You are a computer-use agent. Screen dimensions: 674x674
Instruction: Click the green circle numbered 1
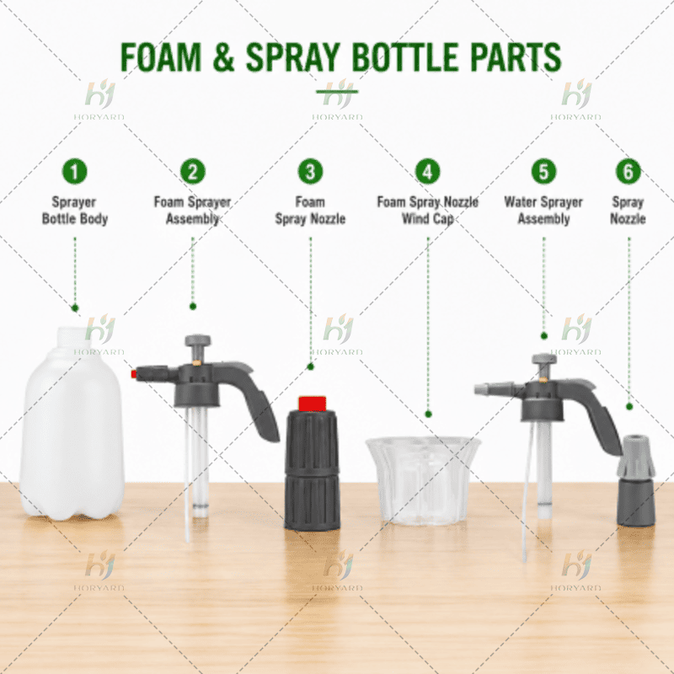75,172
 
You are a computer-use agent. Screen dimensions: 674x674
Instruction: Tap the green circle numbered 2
193,172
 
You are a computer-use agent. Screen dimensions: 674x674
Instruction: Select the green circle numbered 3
310,172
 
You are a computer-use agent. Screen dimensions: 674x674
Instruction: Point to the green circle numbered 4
428,172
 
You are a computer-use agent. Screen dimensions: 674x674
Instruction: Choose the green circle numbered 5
543,172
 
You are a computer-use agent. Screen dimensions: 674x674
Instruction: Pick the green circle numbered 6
628,172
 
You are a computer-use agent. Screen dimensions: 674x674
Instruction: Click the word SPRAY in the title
293,56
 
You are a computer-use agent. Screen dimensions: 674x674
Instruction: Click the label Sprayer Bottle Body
75,210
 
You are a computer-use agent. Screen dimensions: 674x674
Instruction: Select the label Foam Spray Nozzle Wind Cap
428,210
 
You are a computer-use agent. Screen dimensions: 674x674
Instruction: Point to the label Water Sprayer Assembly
543,210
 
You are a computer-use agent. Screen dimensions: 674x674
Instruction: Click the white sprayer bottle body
72,424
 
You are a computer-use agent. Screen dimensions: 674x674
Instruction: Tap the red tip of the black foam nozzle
313,404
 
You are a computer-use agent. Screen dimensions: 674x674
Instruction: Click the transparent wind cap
424,480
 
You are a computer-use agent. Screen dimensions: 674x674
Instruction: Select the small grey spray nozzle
636,480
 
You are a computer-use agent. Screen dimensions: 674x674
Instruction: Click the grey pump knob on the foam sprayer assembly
198,342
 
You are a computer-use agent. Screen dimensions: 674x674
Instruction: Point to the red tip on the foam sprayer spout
134,374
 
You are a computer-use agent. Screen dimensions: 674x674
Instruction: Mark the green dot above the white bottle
75,308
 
